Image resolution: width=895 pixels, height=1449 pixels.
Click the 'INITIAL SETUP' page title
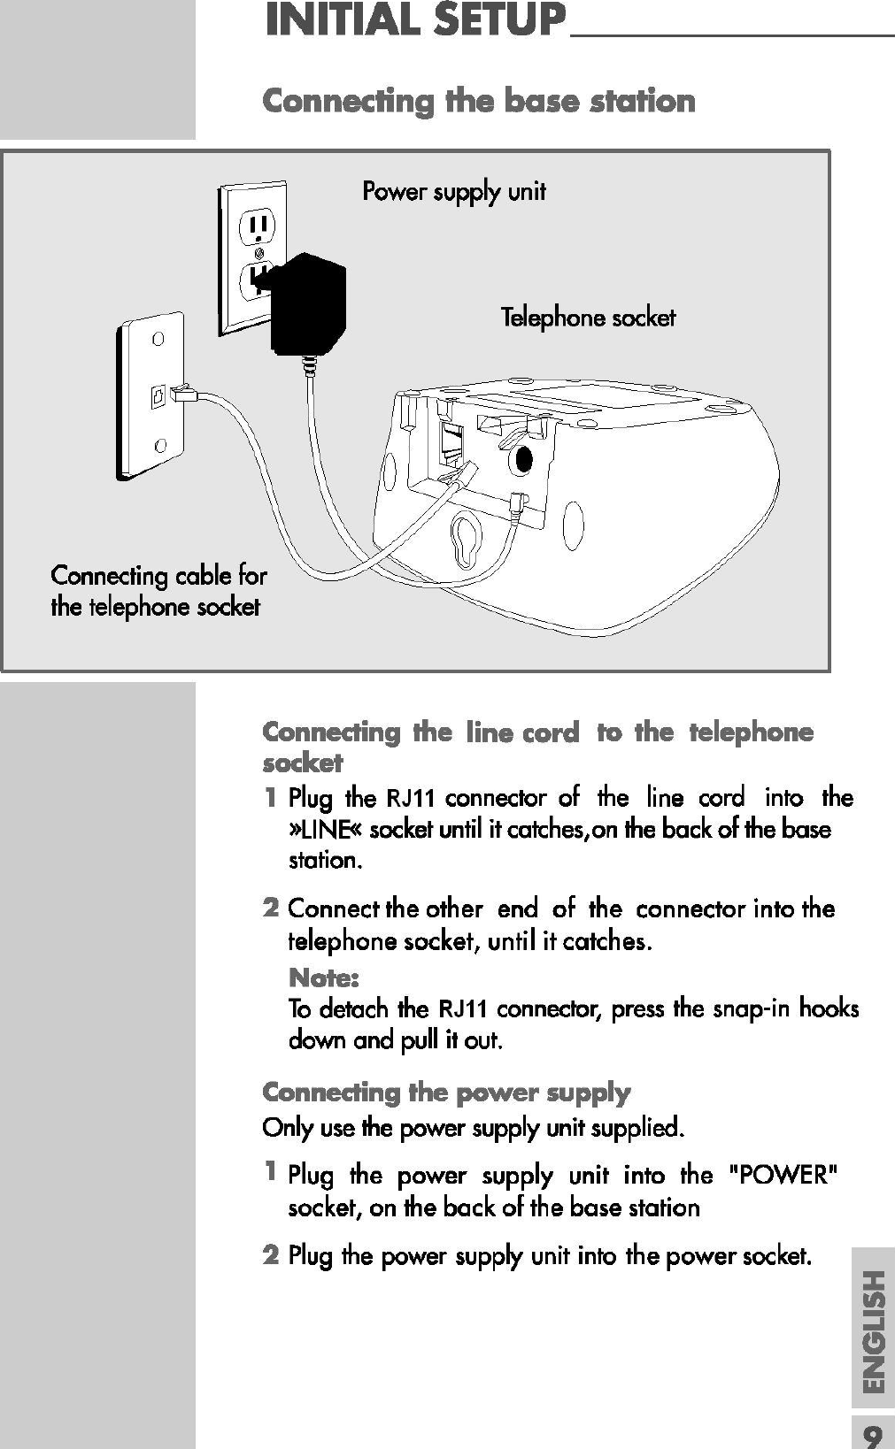(x=414, y=21)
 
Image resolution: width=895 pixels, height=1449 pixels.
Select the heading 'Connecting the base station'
(x=479, y=101)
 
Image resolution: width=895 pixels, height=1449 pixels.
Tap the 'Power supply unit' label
(x=453, y=191)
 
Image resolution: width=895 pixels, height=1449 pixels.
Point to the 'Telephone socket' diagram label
(x=588, y=318)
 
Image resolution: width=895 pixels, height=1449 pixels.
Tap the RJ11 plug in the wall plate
(x=185, y=394)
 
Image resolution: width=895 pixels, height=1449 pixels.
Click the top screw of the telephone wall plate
(x=157, y=339)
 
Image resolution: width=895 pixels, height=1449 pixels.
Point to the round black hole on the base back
(x=523, y=459)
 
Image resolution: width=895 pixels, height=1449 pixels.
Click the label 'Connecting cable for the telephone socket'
(x=158, y=591)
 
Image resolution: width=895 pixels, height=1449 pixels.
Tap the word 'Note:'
(x=323, y=978)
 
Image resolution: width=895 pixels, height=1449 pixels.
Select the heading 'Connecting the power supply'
(x=446, y=1092)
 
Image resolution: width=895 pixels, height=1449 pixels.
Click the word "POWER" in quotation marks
(x=781, y=1176)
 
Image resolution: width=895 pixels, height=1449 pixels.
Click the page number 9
(x=873, y=1434)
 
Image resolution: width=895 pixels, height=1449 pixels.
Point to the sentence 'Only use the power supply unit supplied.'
(x=474, y=1129)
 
